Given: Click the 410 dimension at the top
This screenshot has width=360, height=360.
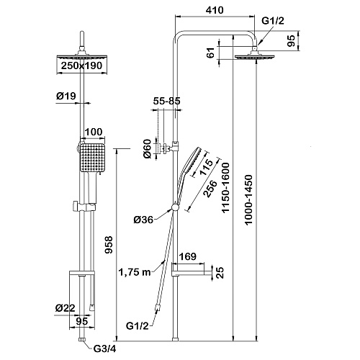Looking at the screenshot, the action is (x=215, y=10).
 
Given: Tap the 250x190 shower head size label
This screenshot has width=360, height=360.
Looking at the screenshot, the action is (x=81, y=66).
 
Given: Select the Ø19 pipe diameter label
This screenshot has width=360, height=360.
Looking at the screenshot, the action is (x=66, y=96).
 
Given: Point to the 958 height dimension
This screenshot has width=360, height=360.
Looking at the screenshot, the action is (x=109, y=245).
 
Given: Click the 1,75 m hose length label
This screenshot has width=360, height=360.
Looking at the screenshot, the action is (x=135, y=272).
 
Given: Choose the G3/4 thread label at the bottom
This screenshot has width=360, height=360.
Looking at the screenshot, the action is (x=104, y=349).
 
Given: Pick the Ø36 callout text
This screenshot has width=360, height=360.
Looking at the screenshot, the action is (x=143, y=220).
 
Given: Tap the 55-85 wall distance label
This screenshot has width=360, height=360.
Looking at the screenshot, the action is (x=166, y=101).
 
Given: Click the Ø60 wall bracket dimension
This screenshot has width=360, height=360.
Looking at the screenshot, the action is (x=147, y=149).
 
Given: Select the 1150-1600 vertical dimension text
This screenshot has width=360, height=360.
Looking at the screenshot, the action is (x=225, y=188).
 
